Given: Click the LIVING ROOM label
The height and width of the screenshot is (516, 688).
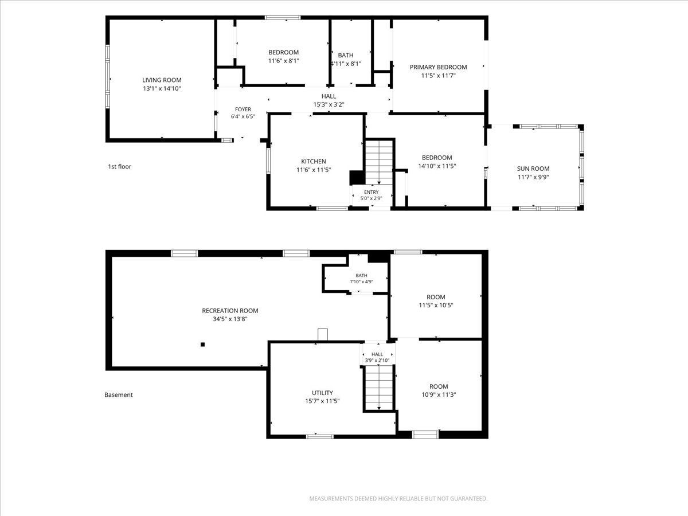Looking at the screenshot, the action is click(162, 80).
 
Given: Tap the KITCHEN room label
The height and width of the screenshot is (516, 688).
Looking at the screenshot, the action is click(314, 161).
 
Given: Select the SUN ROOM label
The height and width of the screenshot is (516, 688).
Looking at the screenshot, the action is click(533, 169).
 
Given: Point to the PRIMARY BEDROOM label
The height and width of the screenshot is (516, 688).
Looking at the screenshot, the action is click(438, 67).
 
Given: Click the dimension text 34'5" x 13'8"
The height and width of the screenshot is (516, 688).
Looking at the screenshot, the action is click(230, 319).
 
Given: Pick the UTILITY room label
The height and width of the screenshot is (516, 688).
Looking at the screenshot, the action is click(322, 393).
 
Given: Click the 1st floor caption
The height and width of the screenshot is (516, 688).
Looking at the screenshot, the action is click(119, 167).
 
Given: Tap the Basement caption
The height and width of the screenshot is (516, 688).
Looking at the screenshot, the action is click(119, 395).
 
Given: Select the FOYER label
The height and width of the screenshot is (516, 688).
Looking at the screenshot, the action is click(243, 110).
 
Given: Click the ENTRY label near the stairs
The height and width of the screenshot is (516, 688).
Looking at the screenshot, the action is click(372, 192).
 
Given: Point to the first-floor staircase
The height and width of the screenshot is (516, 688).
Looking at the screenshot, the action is click(379, 162).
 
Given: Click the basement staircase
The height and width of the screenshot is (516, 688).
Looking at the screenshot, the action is click(379, 388).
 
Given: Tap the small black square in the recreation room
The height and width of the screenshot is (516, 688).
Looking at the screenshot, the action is click(203, 345).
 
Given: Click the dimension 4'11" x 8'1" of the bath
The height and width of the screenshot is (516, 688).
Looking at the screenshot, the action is click(346, 64).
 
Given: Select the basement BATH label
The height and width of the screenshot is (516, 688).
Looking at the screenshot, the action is click(361, 275).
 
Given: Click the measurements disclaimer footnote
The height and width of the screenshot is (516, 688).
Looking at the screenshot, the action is click(398, 498).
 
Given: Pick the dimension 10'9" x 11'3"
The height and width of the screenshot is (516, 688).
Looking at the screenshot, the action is click(439, 395).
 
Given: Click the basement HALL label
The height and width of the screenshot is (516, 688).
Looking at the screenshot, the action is click(377, 354).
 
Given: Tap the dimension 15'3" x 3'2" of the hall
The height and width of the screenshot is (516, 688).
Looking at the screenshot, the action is click(329, 105).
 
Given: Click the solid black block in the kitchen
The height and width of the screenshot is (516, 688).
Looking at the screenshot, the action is click(357, 178).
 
